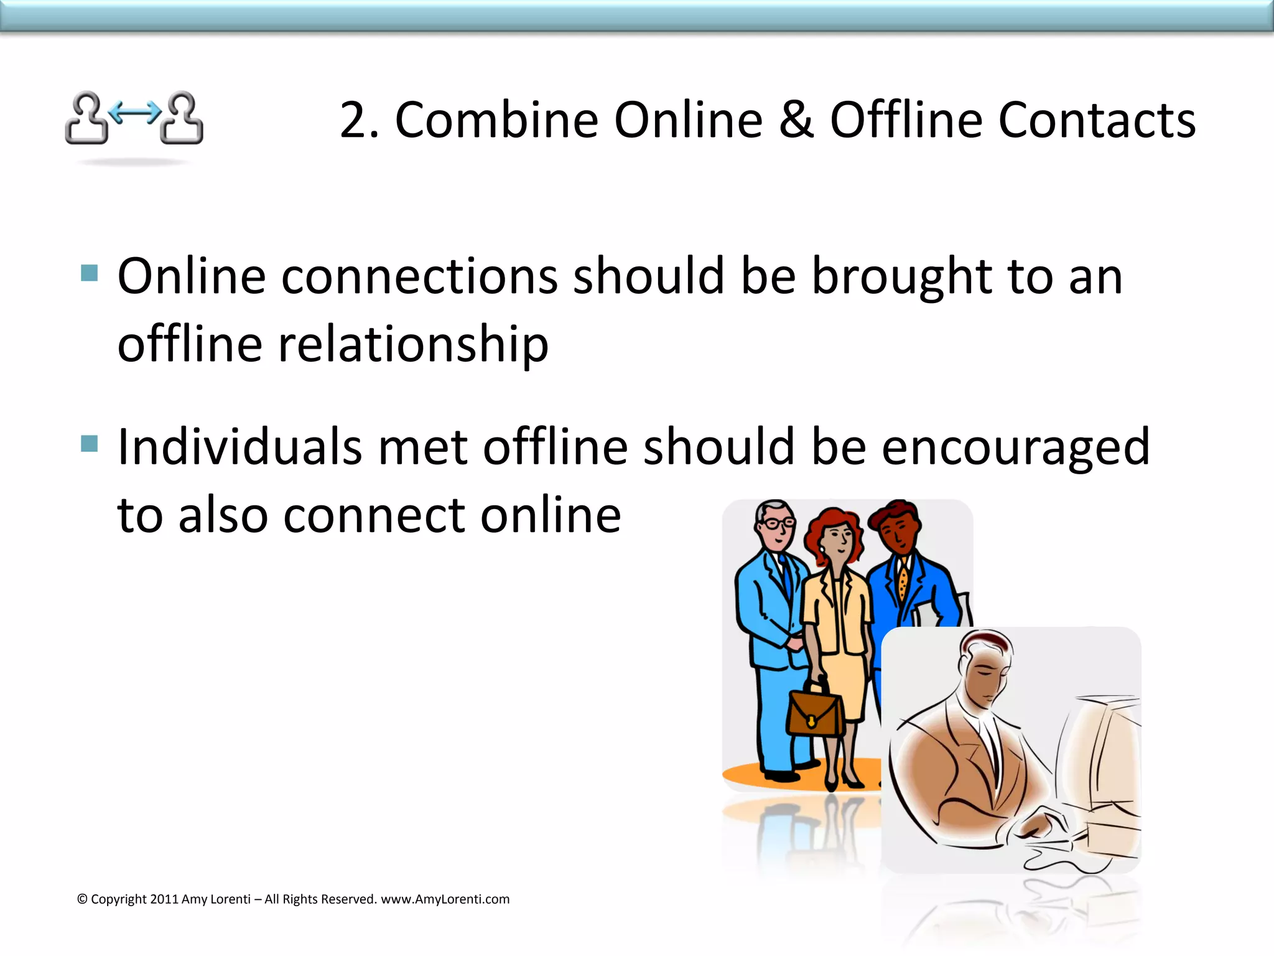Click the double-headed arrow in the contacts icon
[134, 112]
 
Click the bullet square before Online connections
[90, 273]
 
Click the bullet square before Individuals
[90, 444]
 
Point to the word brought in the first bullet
[901, 277]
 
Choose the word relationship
[413, 345]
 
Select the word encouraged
[1015, 448]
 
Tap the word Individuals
[239, 447]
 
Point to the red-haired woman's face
[837, 538]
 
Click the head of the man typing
[986, 666]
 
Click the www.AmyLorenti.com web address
[445, 899]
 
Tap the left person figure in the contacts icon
[87, 118]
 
